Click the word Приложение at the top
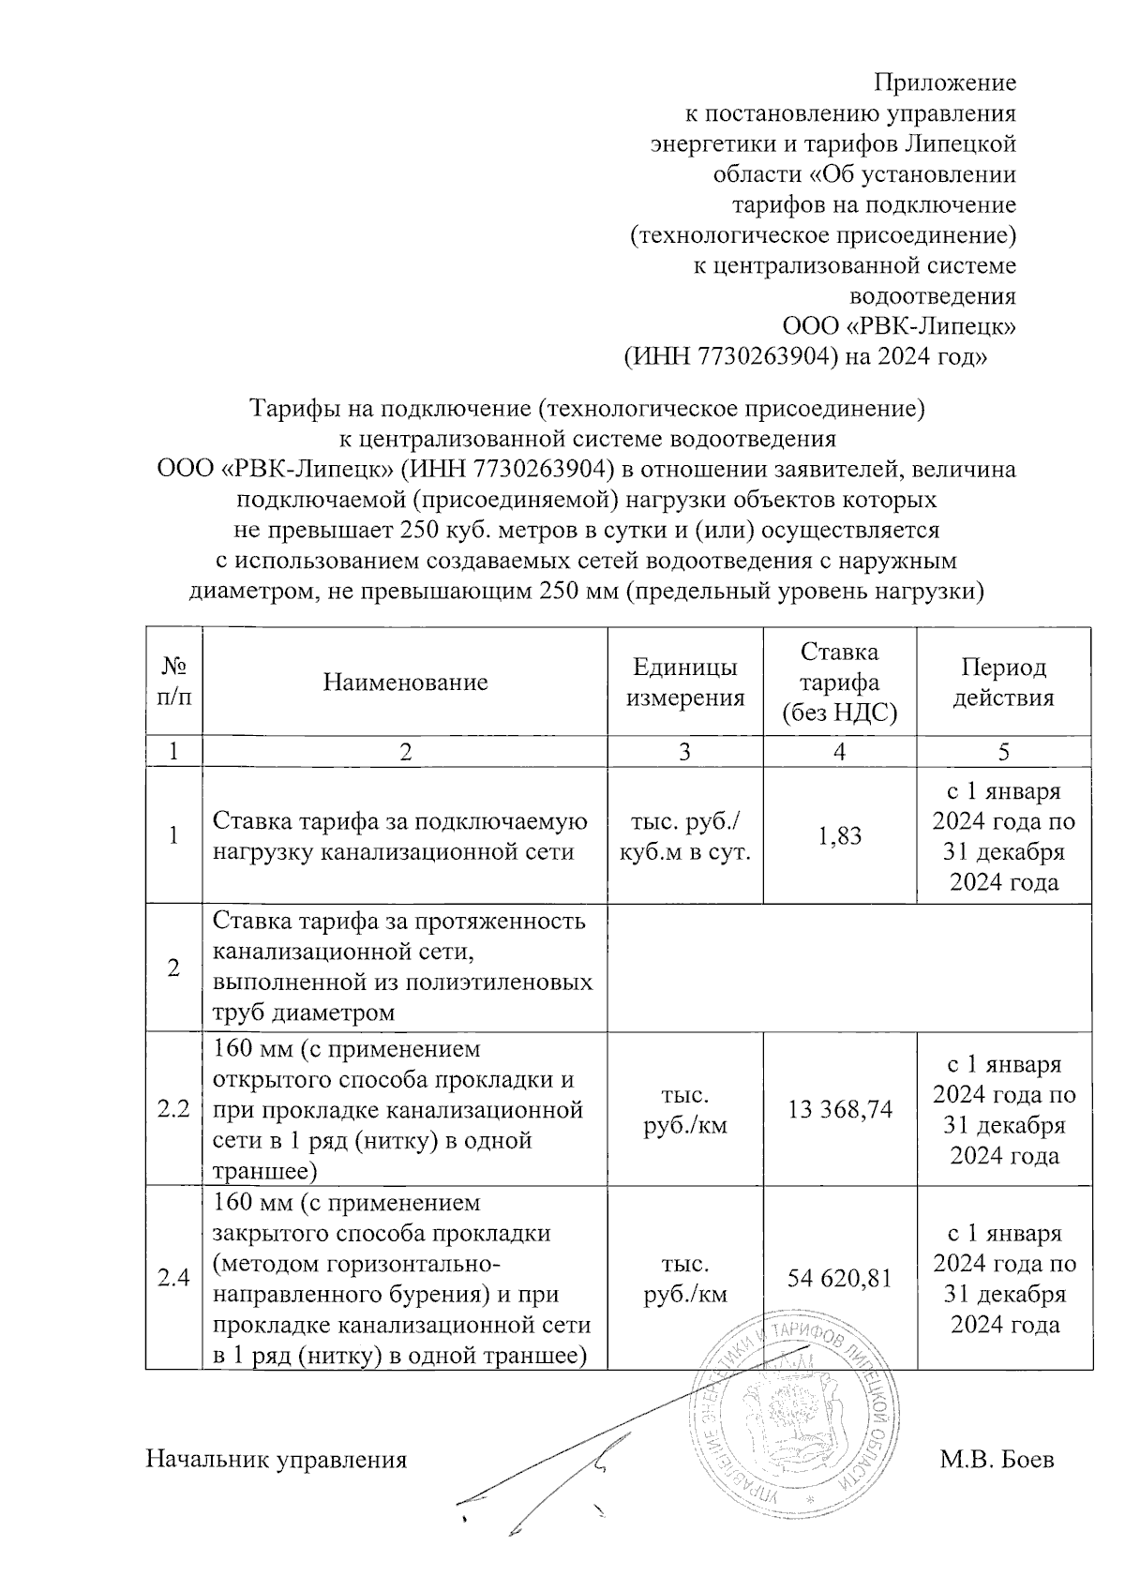tap(944, 83)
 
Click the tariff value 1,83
tap(839, 835)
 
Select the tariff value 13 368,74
tap(839, 1110)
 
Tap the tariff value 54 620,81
tap(839, 1278)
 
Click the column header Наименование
tap(405, 682)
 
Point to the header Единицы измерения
tap(684, 682)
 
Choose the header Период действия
tap(1003, 682)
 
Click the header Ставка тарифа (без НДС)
tap(839, 682)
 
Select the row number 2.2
tap(173, 1110)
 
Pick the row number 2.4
tap(173, 1278)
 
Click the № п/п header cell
tap(173, 682)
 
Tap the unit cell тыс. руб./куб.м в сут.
tap(684, 835)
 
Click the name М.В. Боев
tap(997, 1460)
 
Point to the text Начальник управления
tap(276, 1460)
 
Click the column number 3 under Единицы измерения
tap(684, 751)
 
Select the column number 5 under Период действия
tap(1003, 751)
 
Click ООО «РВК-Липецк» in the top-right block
tap(899, 326)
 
